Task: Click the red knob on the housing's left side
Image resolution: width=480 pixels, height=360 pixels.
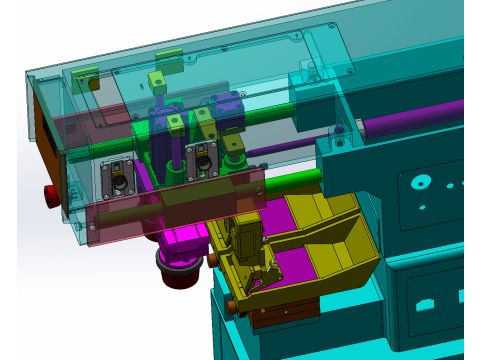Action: pos(49,193)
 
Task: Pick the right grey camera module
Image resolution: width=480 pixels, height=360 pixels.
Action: pos(206,157)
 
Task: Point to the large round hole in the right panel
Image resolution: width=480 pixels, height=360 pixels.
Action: pos(417,183)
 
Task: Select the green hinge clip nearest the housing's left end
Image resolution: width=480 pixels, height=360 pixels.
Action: pos(81,76)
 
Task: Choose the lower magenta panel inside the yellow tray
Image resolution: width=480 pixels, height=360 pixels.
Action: pos(294,265)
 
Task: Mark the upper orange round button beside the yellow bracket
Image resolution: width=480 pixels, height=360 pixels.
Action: pos(213,260)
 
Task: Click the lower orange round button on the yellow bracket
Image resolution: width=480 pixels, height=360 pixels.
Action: pos(232,303)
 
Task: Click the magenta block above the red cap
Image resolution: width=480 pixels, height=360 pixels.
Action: pos(186,240)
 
